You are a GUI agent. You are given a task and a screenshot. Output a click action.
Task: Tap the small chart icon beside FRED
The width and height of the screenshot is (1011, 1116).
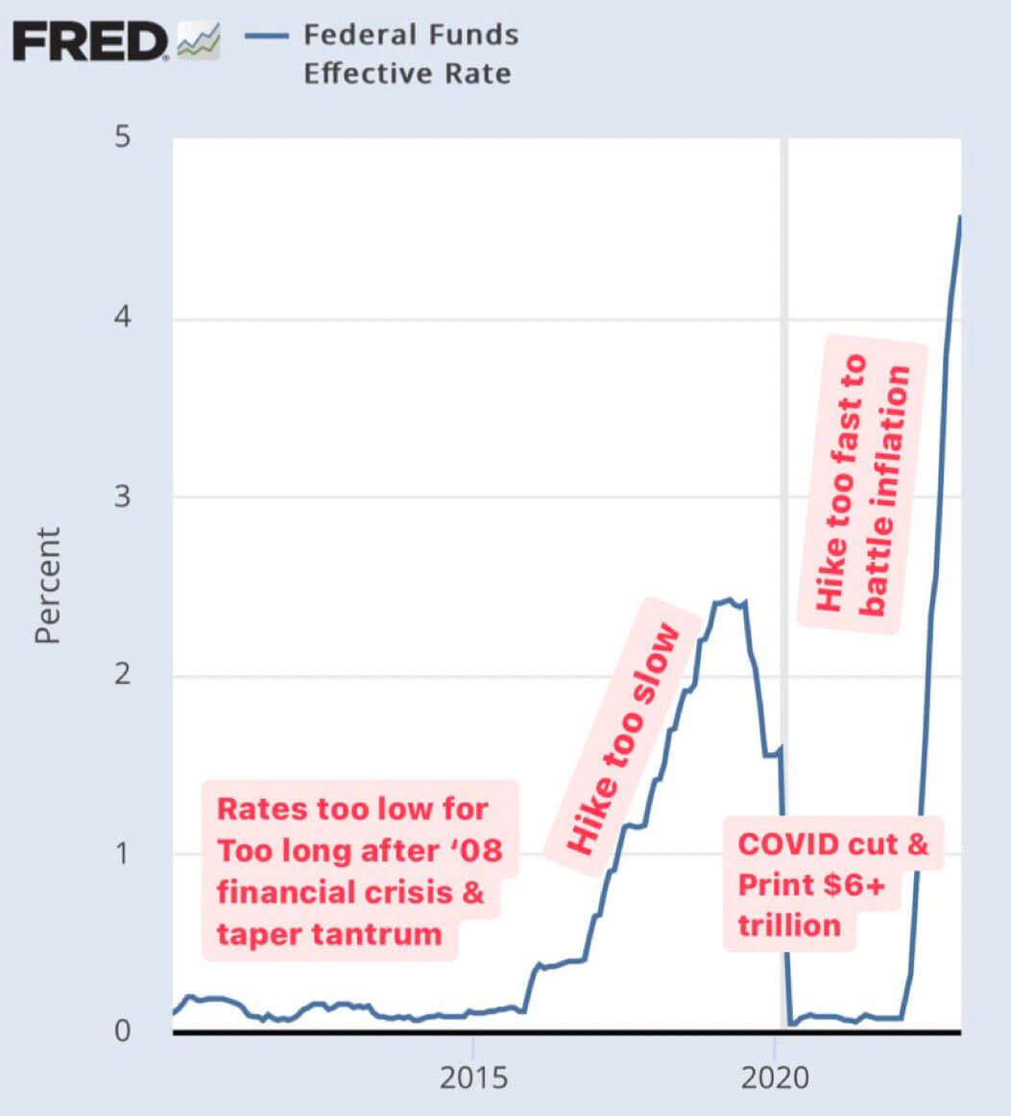pyautogui.click(x=199, y=43)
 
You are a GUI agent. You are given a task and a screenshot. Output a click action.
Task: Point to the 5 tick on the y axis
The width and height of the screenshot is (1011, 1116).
pyautogui.click(x=122, y=137)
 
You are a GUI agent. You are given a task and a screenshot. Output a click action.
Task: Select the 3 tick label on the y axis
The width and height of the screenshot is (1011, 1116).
pyautogui.click(x=122, y=496)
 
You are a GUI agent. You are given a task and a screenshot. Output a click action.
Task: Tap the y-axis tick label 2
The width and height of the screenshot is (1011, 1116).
pyautogui.click(x=122, y=674)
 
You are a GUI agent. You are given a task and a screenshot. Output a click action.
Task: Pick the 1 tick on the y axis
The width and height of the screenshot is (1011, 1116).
pyautogui.click(x=123, y=853)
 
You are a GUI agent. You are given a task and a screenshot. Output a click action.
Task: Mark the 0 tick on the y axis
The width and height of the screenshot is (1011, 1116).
pyautogui.click(x=122, y=1031)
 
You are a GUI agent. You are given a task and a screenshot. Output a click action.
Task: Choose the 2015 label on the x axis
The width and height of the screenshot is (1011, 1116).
pyautogui.click(x=472, y=1079)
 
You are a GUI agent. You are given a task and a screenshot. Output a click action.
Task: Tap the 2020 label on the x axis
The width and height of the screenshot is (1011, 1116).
pyautogui.click(x=775, y=1079)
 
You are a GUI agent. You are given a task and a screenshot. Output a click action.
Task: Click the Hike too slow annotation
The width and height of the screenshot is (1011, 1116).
pyautogui.click(x=621, y=738)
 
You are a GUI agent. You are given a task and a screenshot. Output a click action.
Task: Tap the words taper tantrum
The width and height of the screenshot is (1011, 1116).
pyautogui.click(x=329, y=934)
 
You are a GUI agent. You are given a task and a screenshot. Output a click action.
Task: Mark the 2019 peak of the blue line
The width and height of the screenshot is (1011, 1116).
pyautogui.click(x=729, y=600)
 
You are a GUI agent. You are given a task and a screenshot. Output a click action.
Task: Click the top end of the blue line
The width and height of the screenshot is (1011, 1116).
pyautogui.click(x=959, y=217)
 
